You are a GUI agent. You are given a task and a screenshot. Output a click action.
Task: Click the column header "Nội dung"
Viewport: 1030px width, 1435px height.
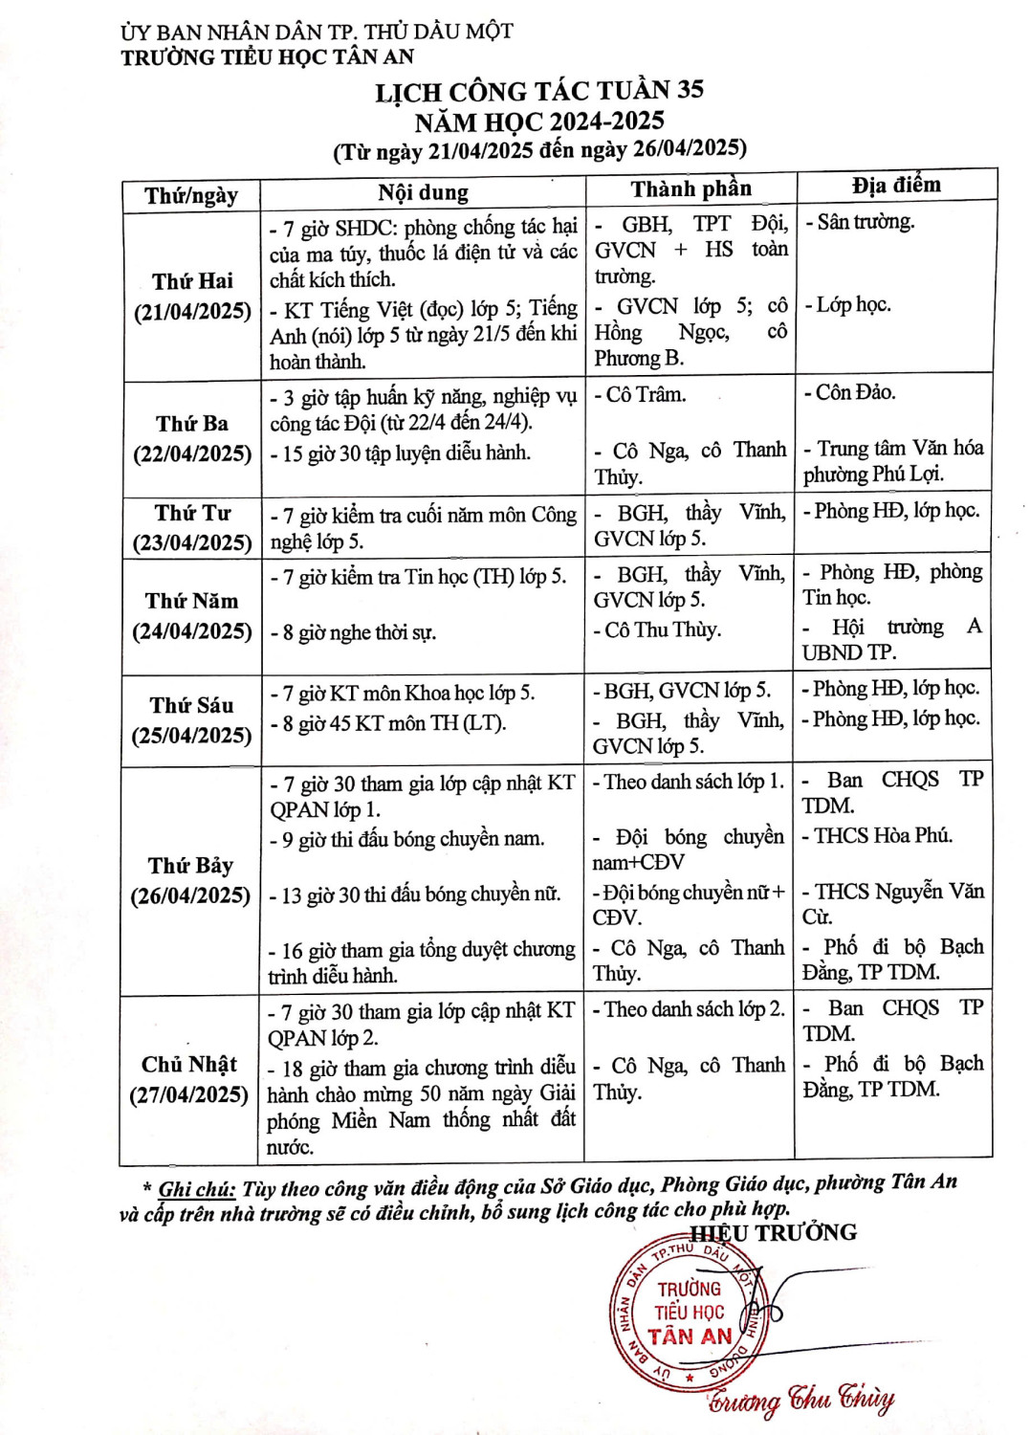pos(423,193)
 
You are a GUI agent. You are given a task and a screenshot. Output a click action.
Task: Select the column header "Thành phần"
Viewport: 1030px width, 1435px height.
pos(690,188)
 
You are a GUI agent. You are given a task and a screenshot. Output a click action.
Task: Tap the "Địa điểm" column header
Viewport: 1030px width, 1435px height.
pos(896,185)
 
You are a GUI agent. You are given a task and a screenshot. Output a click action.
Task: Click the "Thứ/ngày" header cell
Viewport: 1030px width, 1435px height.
pos(191,196)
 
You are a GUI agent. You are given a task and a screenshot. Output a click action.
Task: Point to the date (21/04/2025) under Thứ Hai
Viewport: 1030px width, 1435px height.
pos(192,312)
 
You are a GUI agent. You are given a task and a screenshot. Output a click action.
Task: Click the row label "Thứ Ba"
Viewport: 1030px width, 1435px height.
pos(192,423)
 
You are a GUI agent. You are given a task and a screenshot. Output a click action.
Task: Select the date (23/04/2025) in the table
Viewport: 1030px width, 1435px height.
pos(192,542)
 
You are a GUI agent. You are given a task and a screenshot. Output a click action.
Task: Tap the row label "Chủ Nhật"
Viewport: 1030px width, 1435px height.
pos(189,1065)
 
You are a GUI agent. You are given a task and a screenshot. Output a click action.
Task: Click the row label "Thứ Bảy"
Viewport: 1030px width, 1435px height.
pos(190,866)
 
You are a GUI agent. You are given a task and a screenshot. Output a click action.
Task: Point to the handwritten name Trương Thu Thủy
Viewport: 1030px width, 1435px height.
pos(801,1399)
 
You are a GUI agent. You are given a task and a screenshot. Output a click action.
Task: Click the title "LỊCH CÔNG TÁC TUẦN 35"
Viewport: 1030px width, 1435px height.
pos(539,91)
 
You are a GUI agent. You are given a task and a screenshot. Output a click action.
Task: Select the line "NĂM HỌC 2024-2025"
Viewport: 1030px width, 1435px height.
pos(539,121)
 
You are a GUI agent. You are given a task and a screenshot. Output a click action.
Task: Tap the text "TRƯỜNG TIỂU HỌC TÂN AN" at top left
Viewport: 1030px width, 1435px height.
pos(268,57)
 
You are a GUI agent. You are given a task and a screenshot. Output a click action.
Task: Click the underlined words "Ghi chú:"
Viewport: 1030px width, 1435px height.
pos(197,1189)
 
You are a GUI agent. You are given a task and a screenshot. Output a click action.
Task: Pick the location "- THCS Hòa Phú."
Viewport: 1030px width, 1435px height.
pos(877,835)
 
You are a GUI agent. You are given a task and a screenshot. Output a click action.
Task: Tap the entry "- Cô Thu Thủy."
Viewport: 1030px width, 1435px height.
pos(657,629)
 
